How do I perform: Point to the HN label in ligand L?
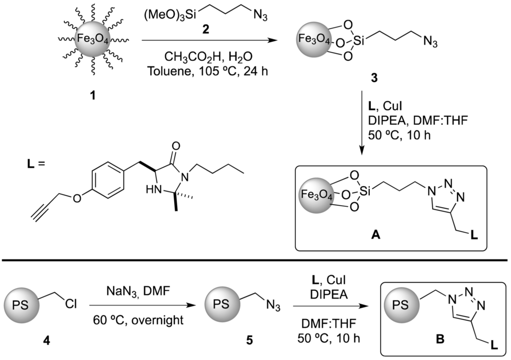(151, 190)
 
